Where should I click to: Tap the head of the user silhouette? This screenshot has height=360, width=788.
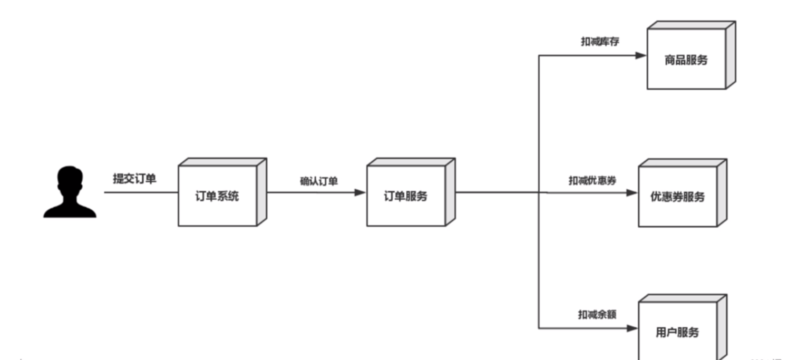point(70,179)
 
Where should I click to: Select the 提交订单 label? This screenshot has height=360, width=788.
point(134,179)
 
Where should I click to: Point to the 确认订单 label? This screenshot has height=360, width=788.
point(318,181)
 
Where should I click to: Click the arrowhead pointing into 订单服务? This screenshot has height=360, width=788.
point(361,192)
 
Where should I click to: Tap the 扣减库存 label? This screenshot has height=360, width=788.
point(597,42)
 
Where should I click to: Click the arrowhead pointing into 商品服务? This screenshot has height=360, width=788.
point(641,55)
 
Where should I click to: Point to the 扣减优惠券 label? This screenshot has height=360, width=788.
point(592,180)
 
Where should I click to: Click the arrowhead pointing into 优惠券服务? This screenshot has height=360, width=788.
point(632,193)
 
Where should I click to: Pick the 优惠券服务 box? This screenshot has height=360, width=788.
point(677,197)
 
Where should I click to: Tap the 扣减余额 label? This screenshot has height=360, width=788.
point(597,315)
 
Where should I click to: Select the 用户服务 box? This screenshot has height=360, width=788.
point(677,333)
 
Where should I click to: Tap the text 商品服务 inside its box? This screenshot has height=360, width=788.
point(686,60)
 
